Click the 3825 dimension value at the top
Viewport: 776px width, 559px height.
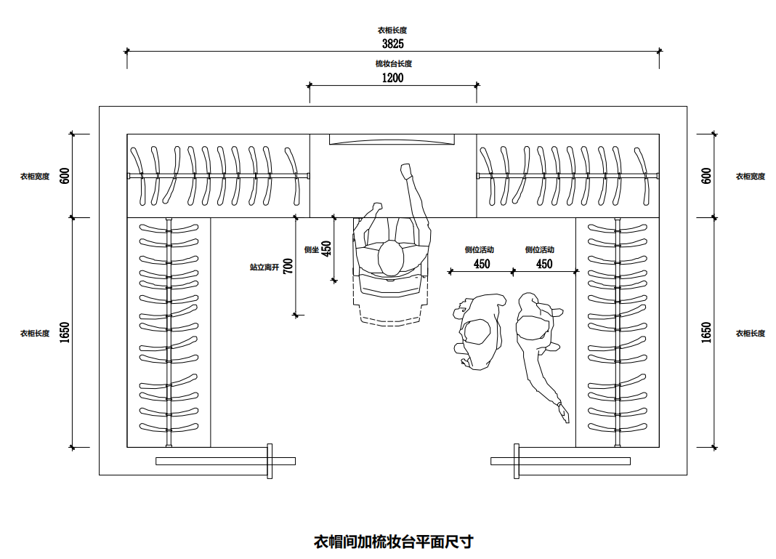(x=392, y=44)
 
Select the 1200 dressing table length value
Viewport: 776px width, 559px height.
(x=392, y=78)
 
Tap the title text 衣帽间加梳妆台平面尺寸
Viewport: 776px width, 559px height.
(x=393, y=542)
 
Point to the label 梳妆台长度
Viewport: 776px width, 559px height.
(x=393, y=64)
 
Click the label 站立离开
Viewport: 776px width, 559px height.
(x=264, y=268)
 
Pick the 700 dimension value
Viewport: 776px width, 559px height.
(x=288, y=266)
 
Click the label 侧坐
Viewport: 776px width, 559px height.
(x=312, y=249)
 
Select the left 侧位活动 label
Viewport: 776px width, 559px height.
(x=480, y=250)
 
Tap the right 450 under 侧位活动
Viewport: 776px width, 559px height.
(x=544, y=265)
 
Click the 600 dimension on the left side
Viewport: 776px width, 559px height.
(x=65, y=176)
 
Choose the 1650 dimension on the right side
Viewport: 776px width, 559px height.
(x=706, y=333)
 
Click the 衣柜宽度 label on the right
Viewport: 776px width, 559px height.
(x=750, y=177)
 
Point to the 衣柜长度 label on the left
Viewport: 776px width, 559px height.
(x=35, y=334)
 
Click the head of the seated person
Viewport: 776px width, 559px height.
(x=390, y=258)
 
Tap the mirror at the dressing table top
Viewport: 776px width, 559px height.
(x=392, y=140)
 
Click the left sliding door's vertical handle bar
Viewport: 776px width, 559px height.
(x=270, y=461)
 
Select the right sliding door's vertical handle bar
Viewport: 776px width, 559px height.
(x=516, y=461)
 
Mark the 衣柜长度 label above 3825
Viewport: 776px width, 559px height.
(x=392, y=31)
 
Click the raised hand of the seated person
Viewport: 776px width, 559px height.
(x=405, y=171)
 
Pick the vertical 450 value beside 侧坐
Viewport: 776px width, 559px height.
(x=326, y=249)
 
